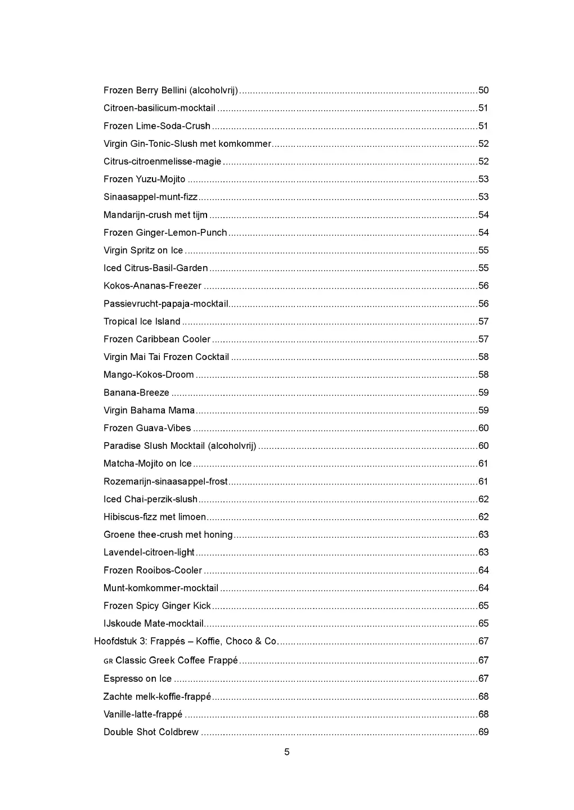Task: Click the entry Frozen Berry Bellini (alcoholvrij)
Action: pyautogui.click(x=171, y=91)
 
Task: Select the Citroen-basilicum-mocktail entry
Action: pyautogui.click(x=159, y=108)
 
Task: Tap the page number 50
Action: pyautogui.click(x=483, y=91)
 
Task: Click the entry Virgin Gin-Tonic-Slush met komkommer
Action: pyautogui.click(x=187, y=144)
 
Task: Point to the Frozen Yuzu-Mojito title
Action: pyautogui.click(x=144, y=179)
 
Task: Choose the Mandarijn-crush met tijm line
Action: pyautogui.click(x=155, y=215)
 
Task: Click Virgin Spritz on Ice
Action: pyautogui.click(x=143, y=250)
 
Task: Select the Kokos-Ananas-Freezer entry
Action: pyautogui.click(x=152, y=286)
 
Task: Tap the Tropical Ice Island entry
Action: pyautogui.click(x=142, y=322)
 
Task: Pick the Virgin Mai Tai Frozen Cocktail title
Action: pyautogui.click(x=166, y=357)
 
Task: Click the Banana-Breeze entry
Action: pyautogui.click(x=136, y=393)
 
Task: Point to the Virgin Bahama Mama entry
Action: pyautogui.click(x=149, y=411)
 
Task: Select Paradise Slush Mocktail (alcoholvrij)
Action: pyautogui.click(x=180, y=446)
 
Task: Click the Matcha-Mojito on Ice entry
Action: pyautogui.click(x=147, y=464)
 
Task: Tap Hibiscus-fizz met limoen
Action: pyautogui.click(x=155, y=517)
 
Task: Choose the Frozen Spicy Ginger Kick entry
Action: pyautogui.click(x=157, y=606)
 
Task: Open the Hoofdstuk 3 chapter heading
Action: pyautogui.click(x=186, y=641)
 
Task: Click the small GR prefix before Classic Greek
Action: pyautogui.click(x=108, y=661)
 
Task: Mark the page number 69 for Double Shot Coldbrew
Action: pyautogui.click(x=483, y=732)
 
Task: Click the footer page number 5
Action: pyautogui.click(x=287, y=752)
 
